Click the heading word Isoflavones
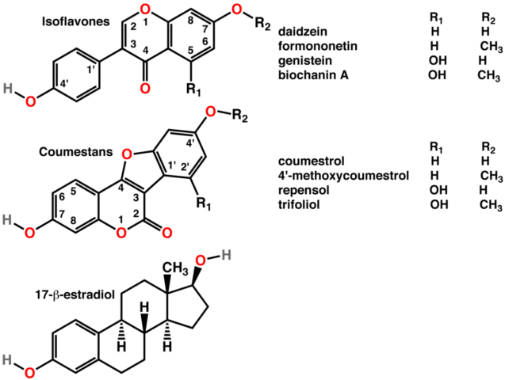[76, 21]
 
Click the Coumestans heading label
[76, 152]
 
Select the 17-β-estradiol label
[75, 295]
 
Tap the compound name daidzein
[303, 32]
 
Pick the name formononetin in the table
[318, 46]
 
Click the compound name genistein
[305, 60]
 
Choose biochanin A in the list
[313, 75]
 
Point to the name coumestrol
[312, 161]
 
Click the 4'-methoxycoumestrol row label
[343, 176]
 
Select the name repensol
[304, 190]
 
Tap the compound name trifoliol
[299, 204]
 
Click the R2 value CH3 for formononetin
[491, 47]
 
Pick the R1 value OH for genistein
[438, 60]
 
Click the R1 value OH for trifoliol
[439, 204]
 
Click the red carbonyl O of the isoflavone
[146, 87]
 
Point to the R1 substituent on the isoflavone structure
[194, 90]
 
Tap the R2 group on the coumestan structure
[239, 116]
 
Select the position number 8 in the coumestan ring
[74, 221]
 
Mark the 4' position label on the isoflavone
[64, 85]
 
